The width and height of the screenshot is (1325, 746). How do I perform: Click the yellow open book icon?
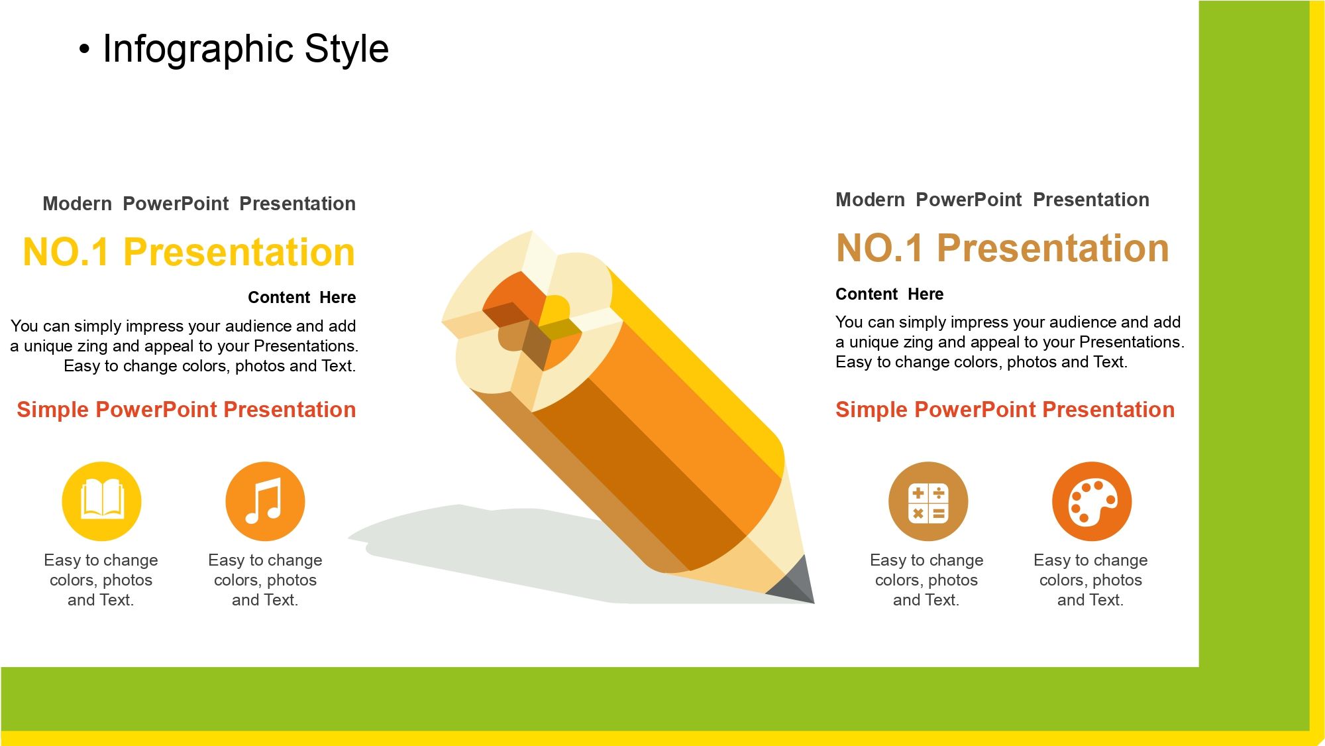(101, 501)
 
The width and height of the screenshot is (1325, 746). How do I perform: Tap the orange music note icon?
(265, 501)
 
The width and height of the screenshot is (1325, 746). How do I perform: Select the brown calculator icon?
(927, 501)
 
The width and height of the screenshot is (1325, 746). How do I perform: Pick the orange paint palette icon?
(1092, 501)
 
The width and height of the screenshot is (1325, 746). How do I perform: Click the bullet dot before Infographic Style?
(83, 49)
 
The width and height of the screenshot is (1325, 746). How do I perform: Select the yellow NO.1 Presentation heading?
(189, 252)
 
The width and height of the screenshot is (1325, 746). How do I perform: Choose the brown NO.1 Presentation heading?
(1002, 248)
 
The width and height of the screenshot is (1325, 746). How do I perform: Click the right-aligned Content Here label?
(301, 297)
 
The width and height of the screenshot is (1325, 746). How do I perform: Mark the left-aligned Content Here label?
(889, 294)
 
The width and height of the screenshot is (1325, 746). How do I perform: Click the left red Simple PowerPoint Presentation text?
(186, 410)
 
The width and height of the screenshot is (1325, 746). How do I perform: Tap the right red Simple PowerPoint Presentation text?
(1005, 410)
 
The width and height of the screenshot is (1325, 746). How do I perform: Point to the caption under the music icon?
(265, 580)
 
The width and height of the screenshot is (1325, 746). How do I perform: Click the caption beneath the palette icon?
(1090, 580)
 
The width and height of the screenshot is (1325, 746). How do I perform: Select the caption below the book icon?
(101, 580)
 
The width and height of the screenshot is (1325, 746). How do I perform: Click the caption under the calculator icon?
(926, 580)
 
